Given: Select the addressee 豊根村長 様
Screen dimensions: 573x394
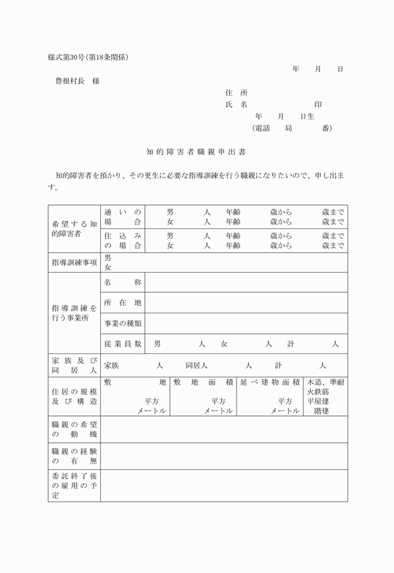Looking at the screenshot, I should pyautogui.click(x=78, y=81).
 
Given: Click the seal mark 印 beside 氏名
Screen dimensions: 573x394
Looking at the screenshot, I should pyautogui.click(x=318, y=104).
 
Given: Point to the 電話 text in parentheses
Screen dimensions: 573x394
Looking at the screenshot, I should pyautogui.click(x=263, y=128).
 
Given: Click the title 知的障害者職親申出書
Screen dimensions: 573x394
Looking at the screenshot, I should pyautogui.click(x=196, y=152).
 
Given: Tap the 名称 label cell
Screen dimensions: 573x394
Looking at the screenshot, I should pyautogui.click(x=123, y=283).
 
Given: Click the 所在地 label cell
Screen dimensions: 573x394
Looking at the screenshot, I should pyautogui.click(x=123, y=303).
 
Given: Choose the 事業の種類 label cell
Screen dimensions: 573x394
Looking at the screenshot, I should pyautogui.click(x=123, y=323).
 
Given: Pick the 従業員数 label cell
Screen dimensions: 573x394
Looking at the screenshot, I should pyautogui.click(x=123, y=344).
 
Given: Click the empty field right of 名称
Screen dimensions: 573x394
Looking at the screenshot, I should pyautogui.click(x=246, y=283).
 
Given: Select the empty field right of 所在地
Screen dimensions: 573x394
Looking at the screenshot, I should pyautogui.click(x=246, y=303).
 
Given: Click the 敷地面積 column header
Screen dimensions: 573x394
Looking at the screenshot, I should pyautogui.click(x=203, y=382).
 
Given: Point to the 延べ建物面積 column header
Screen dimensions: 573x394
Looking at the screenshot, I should pyautogui.click(x=270, y=382).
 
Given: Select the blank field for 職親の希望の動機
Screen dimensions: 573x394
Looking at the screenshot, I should pyautogui.click(x=224, y=429).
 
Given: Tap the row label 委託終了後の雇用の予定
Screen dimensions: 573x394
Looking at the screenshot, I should pyautogui.click(x=74, y=485).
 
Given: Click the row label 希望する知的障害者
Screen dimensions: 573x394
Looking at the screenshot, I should pyautogui.click(x=74, y=228).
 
